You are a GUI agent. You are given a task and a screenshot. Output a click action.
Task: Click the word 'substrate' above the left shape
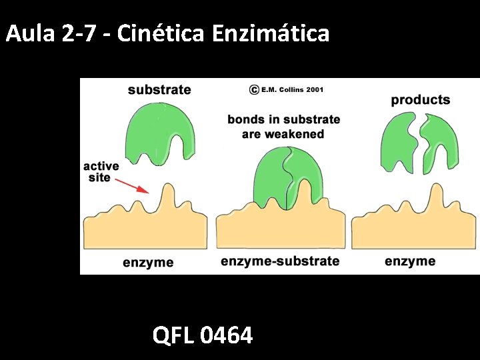(159, 90)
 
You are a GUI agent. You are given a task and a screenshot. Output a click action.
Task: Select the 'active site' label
(102, 172)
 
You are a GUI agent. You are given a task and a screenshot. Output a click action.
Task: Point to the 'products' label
(421, 100)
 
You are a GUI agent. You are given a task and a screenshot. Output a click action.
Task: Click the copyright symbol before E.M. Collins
(254, 89)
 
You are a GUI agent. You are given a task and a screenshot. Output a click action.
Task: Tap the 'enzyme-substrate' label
(280, 261)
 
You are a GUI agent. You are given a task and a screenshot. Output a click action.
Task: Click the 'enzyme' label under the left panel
(148, 262)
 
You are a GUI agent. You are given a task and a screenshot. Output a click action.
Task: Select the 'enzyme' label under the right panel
(410, 261)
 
